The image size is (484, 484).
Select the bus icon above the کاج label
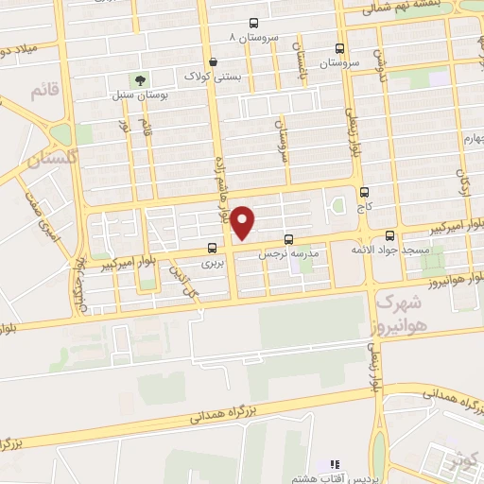click(364, 191)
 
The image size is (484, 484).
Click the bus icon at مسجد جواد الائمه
click(391, 234)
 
